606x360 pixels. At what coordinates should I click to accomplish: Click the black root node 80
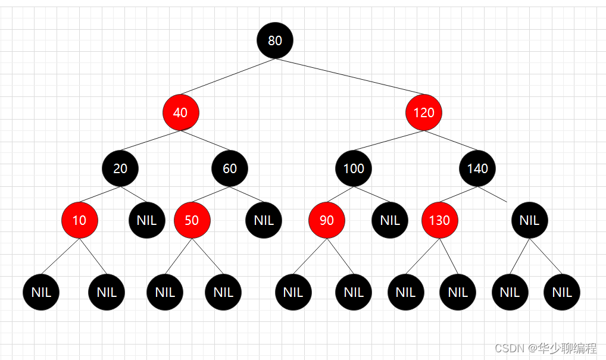pos(274,40)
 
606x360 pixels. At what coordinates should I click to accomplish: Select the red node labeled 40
pos(180,112)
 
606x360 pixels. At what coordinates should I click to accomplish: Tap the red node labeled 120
pos(423,112)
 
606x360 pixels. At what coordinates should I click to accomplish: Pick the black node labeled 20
pos(120,168)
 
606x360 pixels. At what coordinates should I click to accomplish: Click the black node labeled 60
pos(230,168)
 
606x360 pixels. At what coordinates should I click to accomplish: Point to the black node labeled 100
pos(354,168)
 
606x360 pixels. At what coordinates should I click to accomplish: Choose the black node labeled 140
pos(477,168)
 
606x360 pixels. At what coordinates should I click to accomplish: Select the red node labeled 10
pos(79,220)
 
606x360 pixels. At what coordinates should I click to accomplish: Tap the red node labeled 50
pos(192,220)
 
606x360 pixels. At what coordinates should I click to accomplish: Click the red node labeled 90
pos(327,220)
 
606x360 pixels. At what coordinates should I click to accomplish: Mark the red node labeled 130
pos(439,220)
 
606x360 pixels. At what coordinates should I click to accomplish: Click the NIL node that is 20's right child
pos(146,220)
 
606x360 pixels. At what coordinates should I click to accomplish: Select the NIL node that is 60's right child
pos(264,220)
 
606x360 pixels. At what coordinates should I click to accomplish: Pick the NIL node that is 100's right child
pos(390,220)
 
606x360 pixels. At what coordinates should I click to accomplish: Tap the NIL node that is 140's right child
pos(529,220)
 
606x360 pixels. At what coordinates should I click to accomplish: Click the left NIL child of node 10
pos(41,292)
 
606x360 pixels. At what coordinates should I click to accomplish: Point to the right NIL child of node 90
pos(354,292)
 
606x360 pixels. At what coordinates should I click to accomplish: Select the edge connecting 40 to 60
pos(205,140)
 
